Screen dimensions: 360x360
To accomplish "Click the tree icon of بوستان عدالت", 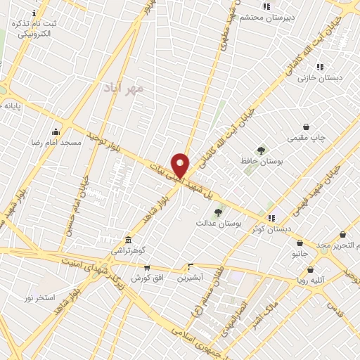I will (x=218, y=212).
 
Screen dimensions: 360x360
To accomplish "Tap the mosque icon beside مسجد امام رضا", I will (x=56, y=131).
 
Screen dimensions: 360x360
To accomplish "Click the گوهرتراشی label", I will (x=129, y=250).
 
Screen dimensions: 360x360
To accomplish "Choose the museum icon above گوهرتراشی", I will (x=128, y=240).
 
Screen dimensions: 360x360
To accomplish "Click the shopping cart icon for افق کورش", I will (x=147, y=267).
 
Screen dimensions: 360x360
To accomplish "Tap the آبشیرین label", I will (x=190, y=278).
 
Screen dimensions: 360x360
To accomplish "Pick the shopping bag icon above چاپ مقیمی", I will (x=305, y=127).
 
